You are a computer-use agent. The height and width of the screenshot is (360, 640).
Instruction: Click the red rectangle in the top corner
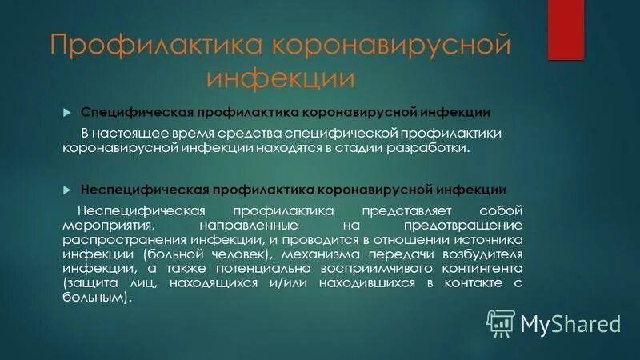(566, 30)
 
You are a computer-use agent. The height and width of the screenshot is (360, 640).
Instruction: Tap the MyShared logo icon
(500, 322)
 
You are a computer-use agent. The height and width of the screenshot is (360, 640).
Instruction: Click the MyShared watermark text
(570, 323)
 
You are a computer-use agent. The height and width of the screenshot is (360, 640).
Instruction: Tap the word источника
(486, 240)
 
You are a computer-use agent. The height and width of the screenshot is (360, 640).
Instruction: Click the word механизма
(314, 254)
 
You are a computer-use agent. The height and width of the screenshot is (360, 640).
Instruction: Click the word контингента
(475, 269)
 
